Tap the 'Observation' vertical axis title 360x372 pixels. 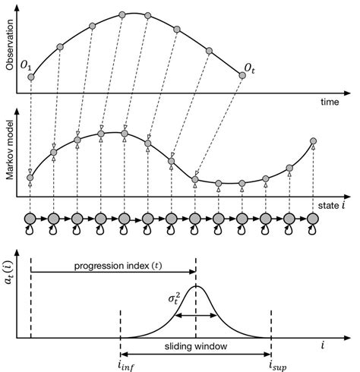[10, 46]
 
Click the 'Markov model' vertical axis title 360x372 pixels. [10, 157]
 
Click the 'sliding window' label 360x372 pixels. [195, 345]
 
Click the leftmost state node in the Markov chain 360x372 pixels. [30, 219]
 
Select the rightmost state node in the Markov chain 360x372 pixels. [313, 219]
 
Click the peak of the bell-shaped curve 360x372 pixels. [196, 286]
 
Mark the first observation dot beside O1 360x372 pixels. [30, 76]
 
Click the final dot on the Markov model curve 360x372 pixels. [313, 141]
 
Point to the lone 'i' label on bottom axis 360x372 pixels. [323, 345]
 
